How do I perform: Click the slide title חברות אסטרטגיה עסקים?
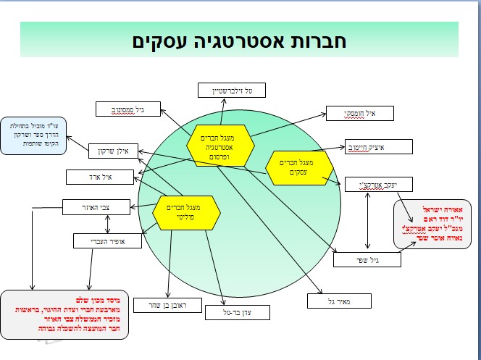(240, 41)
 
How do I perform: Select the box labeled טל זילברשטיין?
(234, 90)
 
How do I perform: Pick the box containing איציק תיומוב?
(378, 147)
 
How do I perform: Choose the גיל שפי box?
(367, 259)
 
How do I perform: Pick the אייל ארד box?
(99, 176)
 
